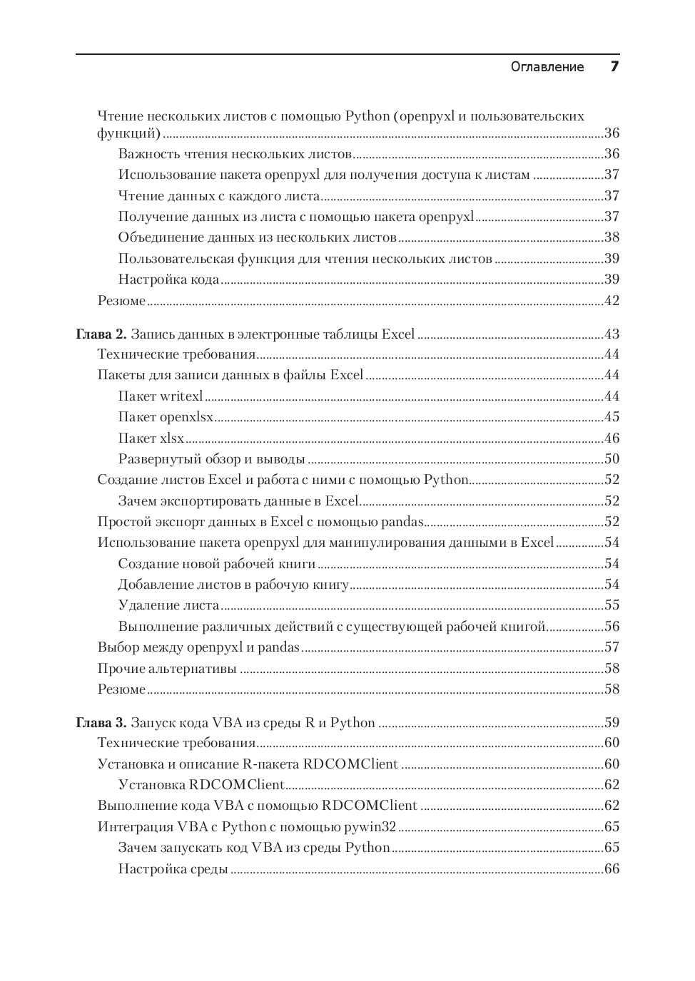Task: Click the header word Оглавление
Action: click(x=547, y=67)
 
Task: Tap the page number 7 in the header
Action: click(x=614, y=66)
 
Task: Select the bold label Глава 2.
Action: click(x=101, y=334)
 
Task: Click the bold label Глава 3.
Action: click(x=101, y=722)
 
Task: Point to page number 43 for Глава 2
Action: click(x=612, y=334)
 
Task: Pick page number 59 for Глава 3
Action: click(x=612, y=722)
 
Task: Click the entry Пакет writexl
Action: click(x=161, y=396)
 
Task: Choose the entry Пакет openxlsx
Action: click(x=166, y=417)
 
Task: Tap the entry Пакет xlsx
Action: click(x=151, y=438)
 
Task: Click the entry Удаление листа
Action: click(x=168, y=605)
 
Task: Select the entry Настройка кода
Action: click(x=168, y=279)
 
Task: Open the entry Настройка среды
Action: click(x=173, y=868)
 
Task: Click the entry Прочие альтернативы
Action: click(x=167, y=668)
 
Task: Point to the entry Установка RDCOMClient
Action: click(x=201, y=785)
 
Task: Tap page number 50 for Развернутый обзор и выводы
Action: click(x=612, y=458)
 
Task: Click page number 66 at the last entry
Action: click(x=612, y=868)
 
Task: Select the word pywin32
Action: click(x=370, y=827)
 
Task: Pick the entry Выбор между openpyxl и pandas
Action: click(x=198, y=647)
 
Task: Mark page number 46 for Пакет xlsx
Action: click(x=612, y=438)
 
